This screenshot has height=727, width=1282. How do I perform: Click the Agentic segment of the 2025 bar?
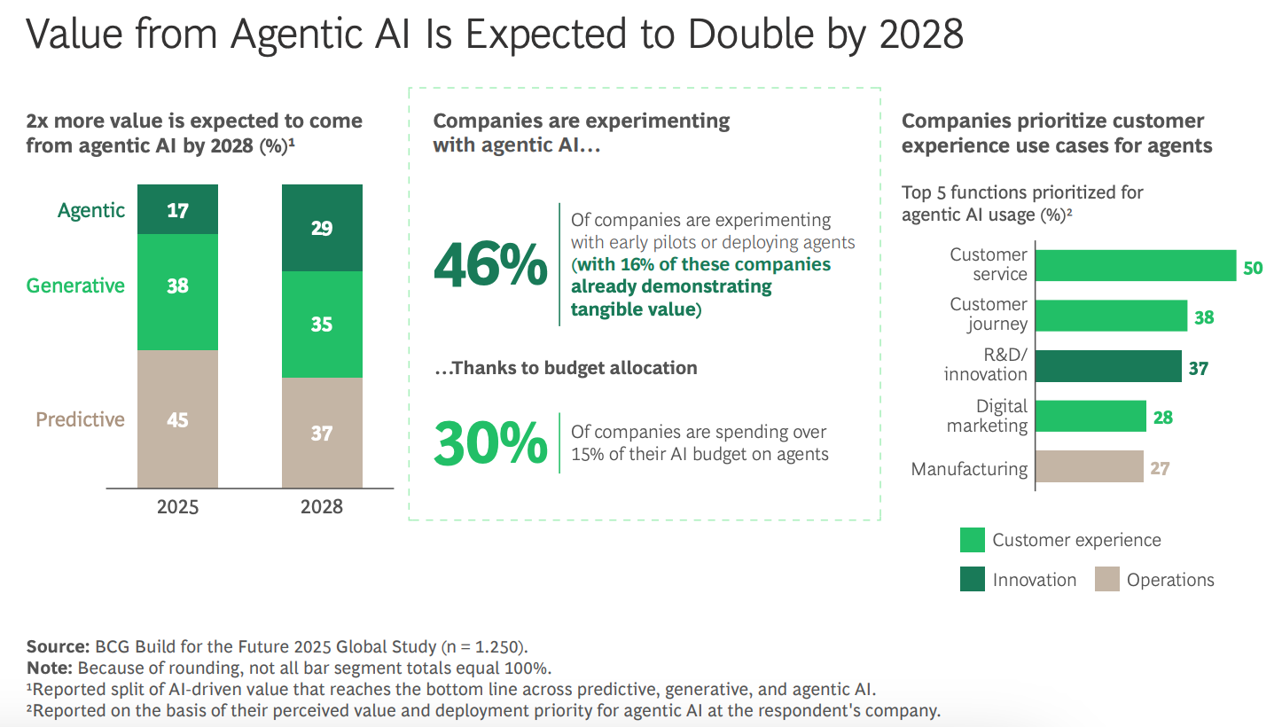click(177, 209)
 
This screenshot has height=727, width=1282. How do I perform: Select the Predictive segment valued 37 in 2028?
click(322, 433)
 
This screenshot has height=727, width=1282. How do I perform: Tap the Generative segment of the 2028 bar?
click(322, 324)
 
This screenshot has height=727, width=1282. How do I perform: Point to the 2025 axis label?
click(177, 507)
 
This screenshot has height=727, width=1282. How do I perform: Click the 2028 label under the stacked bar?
click(322, 507)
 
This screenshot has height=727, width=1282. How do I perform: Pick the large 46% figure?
click(490, 265)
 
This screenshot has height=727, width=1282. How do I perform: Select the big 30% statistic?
click(490, 443)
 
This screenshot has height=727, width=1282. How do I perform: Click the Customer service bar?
click(1135, 265)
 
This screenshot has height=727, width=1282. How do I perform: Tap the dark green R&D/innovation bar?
click(1108, 366)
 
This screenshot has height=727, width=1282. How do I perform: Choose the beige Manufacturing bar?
click(1089, 467)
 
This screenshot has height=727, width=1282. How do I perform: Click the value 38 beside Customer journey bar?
click(1203, 317)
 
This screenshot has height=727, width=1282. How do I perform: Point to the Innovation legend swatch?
click(972, 580)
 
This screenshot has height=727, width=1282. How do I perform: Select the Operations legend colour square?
click(1106, 580)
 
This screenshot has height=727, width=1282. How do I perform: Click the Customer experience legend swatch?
click(972, 540)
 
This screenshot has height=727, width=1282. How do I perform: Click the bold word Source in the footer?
click(55, 646)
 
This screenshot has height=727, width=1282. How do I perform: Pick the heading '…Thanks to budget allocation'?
click(565, 368)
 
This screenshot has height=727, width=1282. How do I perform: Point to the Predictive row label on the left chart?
click(80, 419)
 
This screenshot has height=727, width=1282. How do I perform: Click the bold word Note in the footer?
click(48, 668)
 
